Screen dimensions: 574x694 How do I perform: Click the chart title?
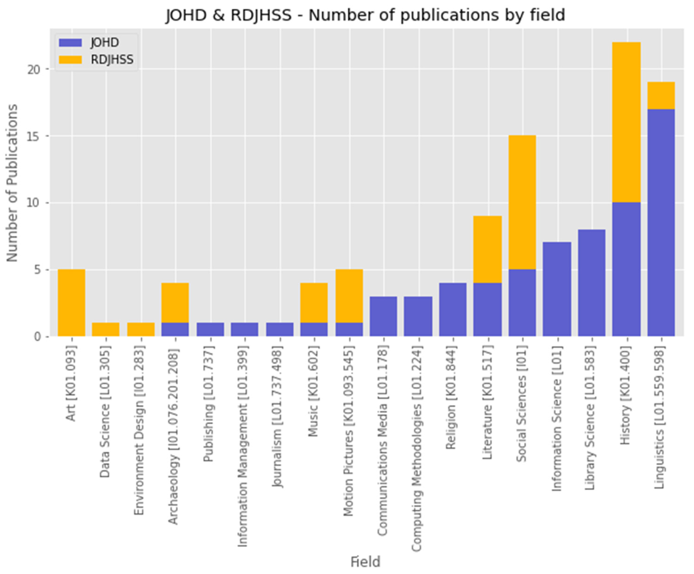pyautogui.click(x=365, y=15)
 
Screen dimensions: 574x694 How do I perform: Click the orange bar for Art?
pyautogui.click(x=71, y=303)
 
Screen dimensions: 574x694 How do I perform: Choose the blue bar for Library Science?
pyautogui.click(x=592, y=283)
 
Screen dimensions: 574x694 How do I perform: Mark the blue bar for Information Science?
pyautogui.click(x=557, y=289)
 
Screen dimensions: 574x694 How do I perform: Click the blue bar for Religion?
pyautogui.click(x=453, y=310)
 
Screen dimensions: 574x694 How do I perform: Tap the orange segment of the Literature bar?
pyautogui.click(x=487, y=249)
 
